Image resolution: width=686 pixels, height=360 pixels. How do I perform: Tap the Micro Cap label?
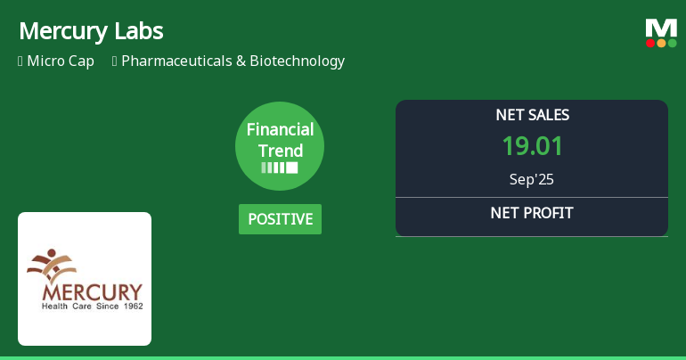[60, 61]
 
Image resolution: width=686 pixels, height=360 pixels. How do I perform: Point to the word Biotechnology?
[297, 61]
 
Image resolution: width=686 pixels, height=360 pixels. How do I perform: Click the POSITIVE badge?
[280, 219]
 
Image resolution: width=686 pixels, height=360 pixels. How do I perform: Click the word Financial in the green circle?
[280, 129]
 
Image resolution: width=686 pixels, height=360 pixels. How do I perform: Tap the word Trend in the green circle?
[280, 151]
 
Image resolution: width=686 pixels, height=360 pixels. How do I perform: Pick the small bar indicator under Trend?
[280, 168]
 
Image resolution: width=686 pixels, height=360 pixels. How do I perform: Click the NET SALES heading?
[532, 115]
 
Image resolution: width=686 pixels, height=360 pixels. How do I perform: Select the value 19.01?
[532, 146]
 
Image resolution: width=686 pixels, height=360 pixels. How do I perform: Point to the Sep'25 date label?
[532, 179]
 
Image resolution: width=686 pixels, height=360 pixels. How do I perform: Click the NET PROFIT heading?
[532, 213]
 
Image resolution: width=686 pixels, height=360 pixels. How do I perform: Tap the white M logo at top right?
[661, 28]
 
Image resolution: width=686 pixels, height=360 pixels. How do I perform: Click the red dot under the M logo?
[650, 43]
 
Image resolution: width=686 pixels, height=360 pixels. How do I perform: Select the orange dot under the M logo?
[661, 43]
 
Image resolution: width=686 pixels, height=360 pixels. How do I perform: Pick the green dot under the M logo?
[672, 43]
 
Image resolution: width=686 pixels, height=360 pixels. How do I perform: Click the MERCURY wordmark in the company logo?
[91, 291]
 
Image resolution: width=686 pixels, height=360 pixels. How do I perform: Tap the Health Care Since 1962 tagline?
[93, 306]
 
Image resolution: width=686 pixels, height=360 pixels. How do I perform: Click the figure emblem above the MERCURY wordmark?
[56, 265]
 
